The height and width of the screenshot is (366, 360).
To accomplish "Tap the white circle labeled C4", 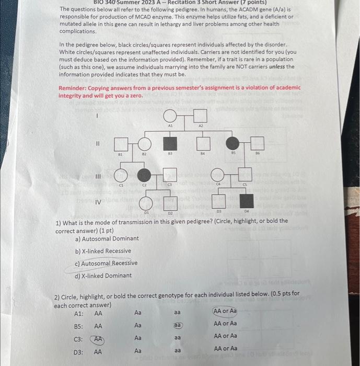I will (x=218, y=175).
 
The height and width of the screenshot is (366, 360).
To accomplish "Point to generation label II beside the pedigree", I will (x=97, y=142).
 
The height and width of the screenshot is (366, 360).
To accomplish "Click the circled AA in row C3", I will (x=98, y=339).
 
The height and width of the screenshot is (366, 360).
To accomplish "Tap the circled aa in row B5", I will (x=178, y=325).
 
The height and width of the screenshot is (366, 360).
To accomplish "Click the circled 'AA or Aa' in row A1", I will (x=225, y=311).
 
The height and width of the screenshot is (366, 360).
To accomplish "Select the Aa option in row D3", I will (x=138, y=351).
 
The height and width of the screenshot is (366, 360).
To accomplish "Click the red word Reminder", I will (x=73, y=88).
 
